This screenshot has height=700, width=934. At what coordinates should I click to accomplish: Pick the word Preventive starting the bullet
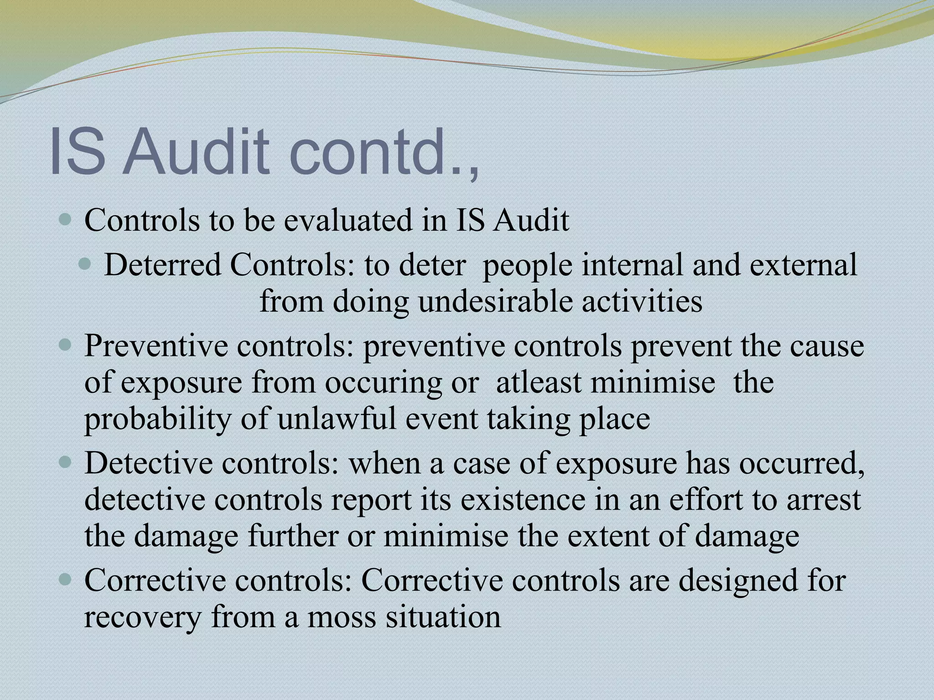click(156, 346)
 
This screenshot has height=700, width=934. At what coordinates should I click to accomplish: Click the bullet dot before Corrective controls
click(66, 580)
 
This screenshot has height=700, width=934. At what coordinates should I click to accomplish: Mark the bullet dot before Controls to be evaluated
click(66, 220)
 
